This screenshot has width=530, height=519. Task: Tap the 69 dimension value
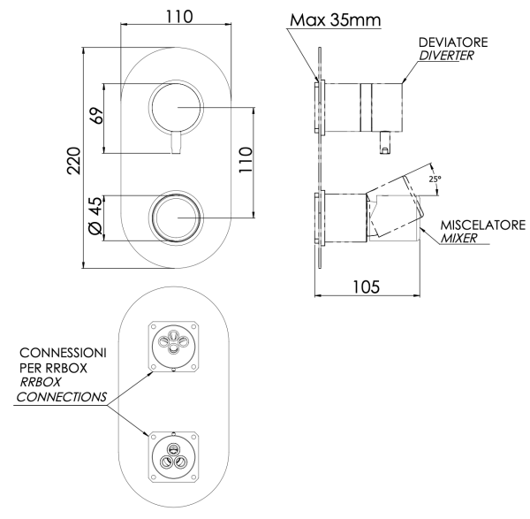[98, 116]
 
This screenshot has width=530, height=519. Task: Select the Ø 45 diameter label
[97, 217]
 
